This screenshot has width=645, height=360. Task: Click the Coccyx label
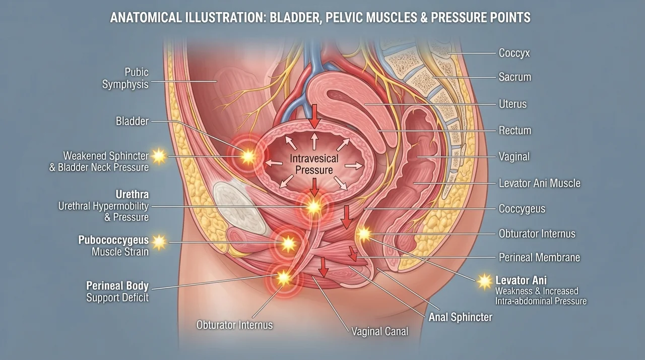514,53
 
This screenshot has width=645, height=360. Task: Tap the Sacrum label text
515,77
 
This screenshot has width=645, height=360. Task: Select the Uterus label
512,104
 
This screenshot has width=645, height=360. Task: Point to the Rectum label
515,131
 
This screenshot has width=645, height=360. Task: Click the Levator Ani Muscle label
540,183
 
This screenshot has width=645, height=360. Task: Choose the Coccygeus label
522,209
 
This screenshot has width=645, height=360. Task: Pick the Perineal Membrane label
539,257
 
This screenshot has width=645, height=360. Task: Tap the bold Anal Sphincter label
461,317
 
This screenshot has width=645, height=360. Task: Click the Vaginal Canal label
380,331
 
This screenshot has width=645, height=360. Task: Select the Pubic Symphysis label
125,78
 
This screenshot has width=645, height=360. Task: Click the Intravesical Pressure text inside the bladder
314,164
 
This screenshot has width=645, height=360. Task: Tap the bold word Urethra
132,195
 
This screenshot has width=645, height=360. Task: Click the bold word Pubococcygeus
113,240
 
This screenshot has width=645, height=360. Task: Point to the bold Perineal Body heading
117,286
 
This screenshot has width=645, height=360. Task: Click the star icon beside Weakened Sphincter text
159,156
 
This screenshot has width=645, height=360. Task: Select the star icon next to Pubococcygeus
159,242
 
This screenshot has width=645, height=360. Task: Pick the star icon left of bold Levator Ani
484,281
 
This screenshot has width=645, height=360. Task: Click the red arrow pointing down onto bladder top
314,116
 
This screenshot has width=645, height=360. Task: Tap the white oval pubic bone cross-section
239,208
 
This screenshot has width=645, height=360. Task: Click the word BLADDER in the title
296,18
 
